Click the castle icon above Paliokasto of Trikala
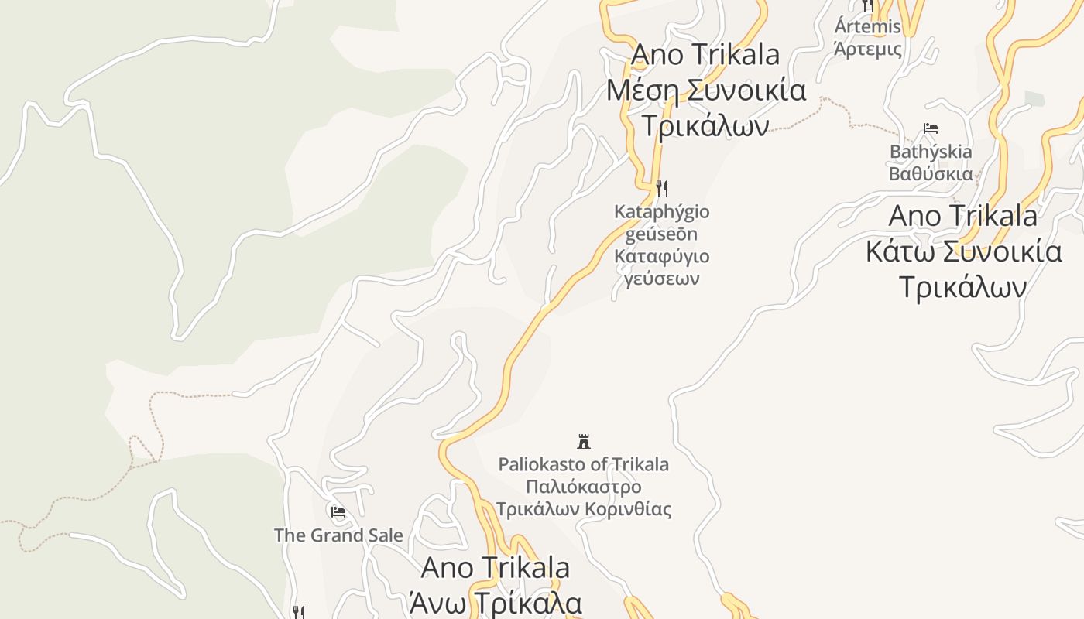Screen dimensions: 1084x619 pos(584,442)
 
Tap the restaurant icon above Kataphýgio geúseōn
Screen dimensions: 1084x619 pos(661,188)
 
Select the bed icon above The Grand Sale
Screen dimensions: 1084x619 pos(338,511)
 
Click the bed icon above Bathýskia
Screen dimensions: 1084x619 pos(931,128)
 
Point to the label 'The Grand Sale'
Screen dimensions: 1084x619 pos(338,535)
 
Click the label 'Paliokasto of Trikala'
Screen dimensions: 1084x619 pos(584,465)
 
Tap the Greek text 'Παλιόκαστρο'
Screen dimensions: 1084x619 pos(584,487)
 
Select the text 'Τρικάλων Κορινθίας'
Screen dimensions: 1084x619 pos(584,510)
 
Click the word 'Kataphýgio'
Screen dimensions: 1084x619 pos(661,212)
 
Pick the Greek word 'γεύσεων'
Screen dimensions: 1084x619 pos(661,279)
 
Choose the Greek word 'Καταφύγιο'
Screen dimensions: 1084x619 pos(661,256)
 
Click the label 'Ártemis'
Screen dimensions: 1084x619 pos(867,27)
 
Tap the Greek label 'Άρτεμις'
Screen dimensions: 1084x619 pos(867,49)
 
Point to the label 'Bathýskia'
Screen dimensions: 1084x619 pos(931,152)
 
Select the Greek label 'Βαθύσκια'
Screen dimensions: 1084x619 pos(931,173)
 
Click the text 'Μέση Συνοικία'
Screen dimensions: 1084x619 pos(705,91)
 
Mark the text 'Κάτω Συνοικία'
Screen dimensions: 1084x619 pos(963,251)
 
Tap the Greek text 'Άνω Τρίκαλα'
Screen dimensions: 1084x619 pos(496,602)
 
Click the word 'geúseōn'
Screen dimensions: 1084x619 pos(661,234)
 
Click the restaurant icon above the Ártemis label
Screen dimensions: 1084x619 pos(867,5)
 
